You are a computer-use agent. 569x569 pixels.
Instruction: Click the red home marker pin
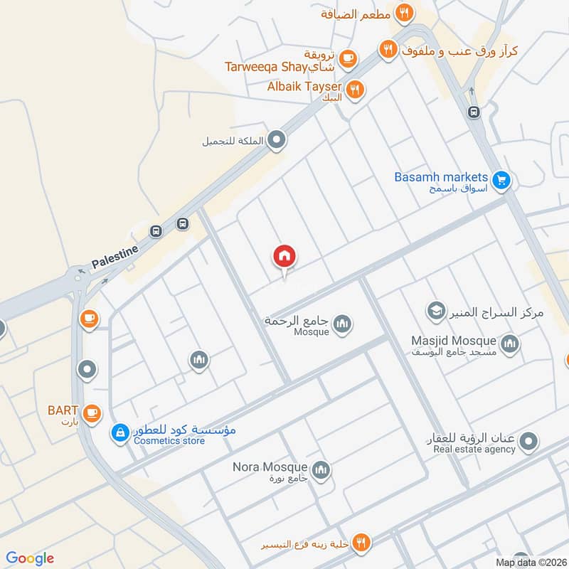click(284, 257)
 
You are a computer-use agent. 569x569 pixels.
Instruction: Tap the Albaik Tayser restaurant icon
click(356, 90)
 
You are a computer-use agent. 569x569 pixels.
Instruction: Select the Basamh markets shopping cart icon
click(501, 181)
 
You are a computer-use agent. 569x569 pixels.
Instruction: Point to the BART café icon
click(90, 413)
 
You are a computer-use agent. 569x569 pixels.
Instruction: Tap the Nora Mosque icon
click(321, 469)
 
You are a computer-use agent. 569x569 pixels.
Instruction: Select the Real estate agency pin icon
click(528, 444)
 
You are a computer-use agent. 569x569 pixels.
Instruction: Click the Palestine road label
click(113, 258)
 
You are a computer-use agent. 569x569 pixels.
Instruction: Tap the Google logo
click(30, 558)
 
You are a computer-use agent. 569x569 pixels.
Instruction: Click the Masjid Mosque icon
click(509, 345)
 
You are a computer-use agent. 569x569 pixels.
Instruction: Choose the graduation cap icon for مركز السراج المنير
click(435, 311)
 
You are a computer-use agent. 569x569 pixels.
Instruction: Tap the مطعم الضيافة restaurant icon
click(404, 11)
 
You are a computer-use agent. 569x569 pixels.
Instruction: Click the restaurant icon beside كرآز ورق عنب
click(387, 49)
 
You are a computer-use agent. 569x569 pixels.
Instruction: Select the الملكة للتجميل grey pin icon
click(277, 141)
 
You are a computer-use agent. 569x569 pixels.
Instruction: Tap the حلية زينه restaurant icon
click(361, 543)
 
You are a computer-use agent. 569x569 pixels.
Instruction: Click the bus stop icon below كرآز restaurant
click(473, 112)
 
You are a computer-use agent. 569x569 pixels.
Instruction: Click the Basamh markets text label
click(442, 177)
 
